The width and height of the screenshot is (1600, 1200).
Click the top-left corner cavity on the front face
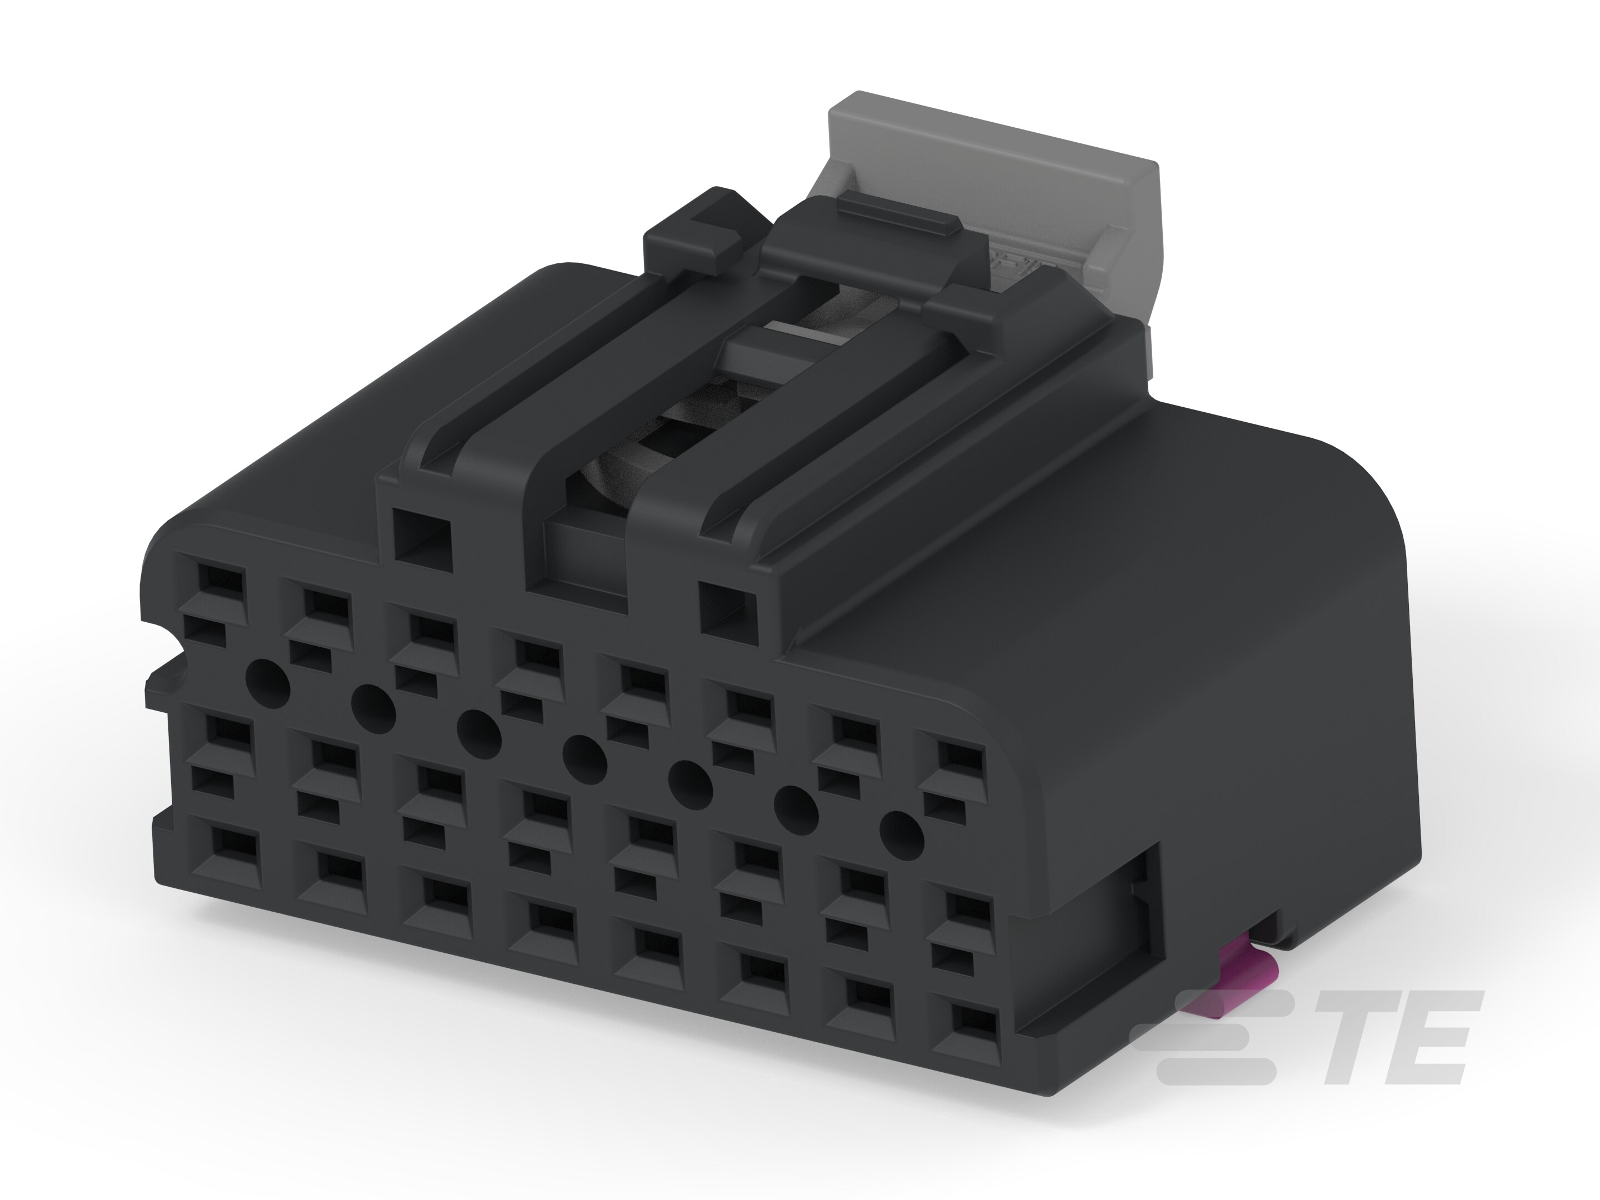pyautogui.click(x=221, y=579)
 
